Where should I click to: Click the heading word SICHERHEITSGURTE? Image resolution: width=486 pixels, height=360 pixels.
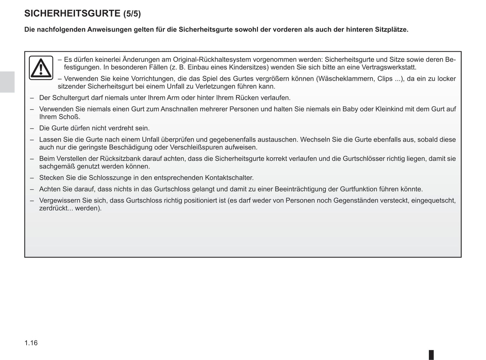coord(72,13)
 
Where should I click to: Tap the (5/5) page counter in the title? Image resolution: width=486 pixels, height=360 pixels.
coord(132,14)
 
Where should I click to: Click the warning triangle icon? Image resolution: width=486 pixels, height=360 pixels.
coord(41,68)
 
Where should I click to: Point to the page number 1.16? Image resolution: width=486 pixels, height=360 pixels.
coord(31,343)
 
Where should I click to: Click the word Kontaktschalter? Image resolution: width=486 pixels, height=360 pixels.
coord(229,178)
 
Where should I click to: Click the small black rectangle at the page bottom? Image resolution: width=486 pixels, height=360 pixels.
coord(431,355)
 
